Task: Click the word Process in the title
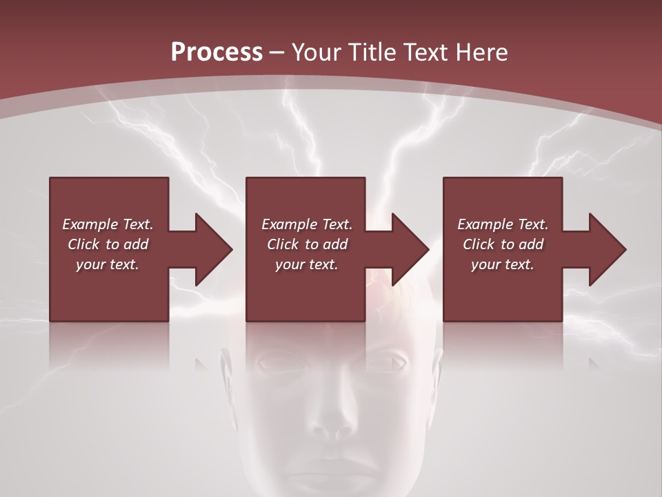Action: tap(217, 52)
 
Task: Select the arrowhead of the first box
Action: tap(213, 249)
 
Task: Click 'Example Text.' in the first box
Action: tap(108, 224)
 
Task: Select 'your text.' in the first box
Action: tap(108, 264)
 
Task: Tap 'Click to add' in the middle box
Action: tap(307, 244)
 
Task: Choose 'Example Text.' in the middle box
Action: tap(307, 224)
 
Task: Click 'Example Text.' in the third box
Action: tap(503, 224)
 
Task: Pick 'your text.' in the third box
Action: tap(503, 264)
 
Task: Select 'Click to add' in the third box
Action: tap(503, 244)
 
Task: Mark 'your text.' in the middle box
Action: tap(307, 264)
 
